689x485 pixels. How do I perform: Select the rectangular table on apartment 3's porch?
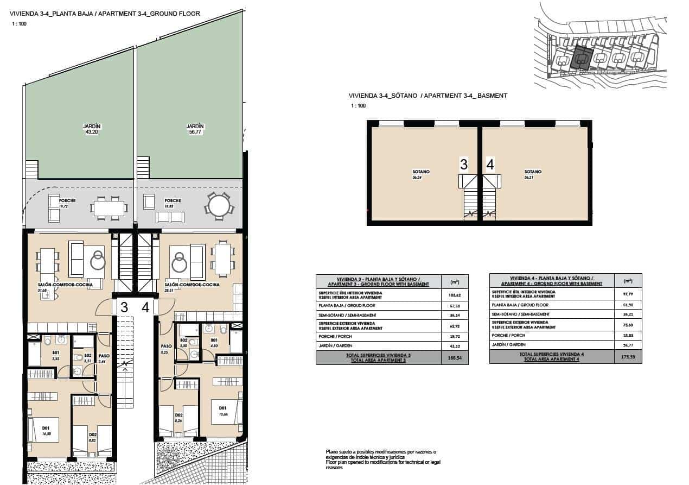tap(108, 207)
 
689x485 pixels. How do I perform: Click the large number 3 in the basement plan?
tap(463, 165)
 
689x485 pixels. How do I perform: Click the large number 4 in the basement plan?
tap(490, 165)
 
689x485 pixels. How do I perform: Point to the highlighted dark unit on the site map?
tap(582, 57)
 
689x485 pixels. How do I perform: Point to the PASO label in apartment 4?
tap(166, 346)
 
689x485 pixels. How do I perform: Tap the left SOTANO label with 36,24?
tap(421, 172)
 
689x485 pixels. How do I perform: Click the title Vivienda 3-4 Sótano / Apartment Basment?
tap(428, 96)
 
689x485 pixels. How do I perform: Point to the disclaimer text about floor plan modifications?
tap(383, 459)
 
